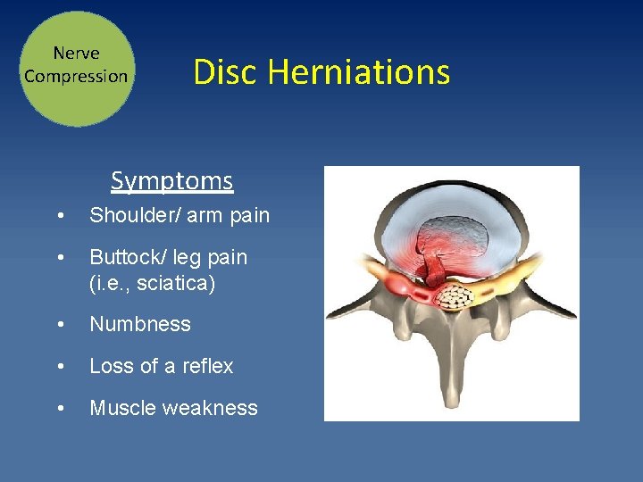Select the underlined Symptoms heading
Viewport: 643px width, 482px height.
[172, 181]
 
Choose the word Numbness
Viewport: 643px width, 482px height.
[140, 325]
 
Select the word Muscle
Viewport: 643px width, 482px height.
[118, 409]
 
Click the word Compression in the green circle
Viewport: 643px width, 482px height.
[76, 77]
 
